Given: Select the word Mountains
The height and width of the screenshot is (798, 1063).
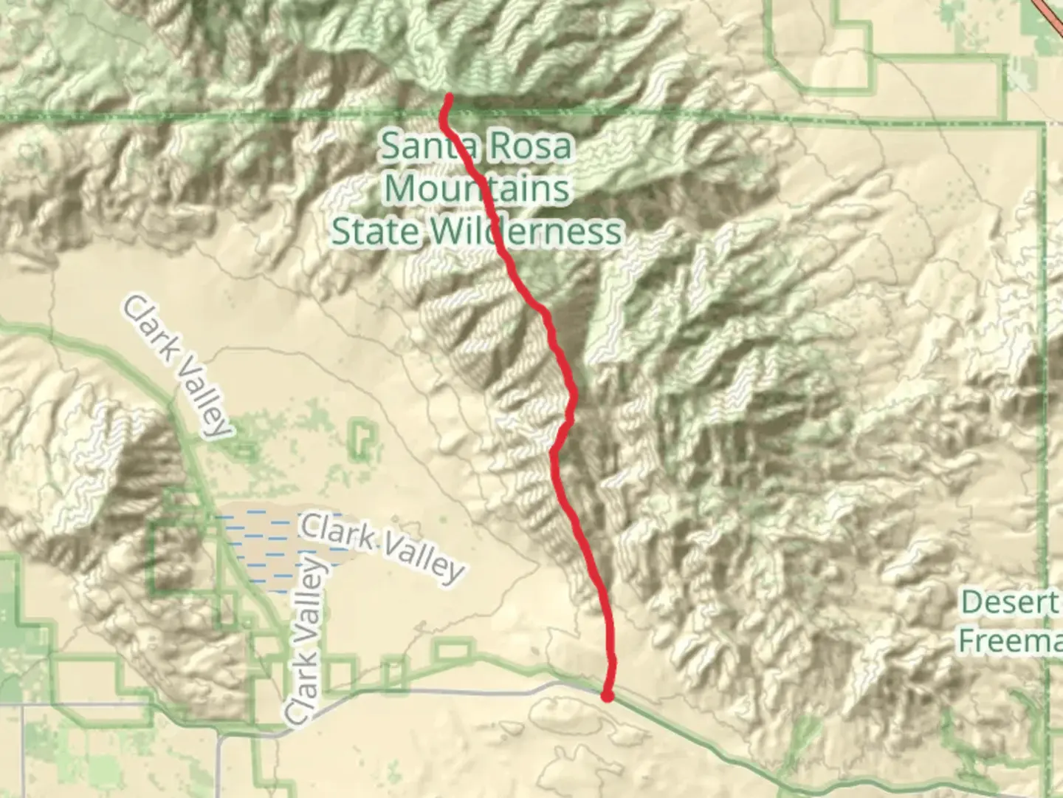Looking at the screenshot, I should [x=477, y=188].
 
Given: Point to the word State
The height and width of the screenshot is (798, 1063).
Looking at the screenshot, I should [x=374, y=231].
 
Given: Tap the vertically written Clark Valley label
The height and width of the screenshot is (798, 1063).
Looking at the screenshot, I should [x=305, y=641].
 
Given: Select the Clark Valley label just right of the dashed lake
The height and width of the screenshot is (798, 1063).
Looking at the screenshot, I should [x=382, y=548].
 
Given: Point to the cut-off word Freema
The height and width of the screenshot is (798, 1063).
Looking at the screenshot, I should [x=1010, y=641].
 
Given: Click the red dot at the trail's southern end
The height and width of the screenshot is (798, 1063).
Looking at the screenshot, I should [x=607, y=695].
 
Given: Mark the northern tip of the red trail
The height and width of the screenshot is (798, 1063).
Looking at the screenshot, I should [x=449, y=96].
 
